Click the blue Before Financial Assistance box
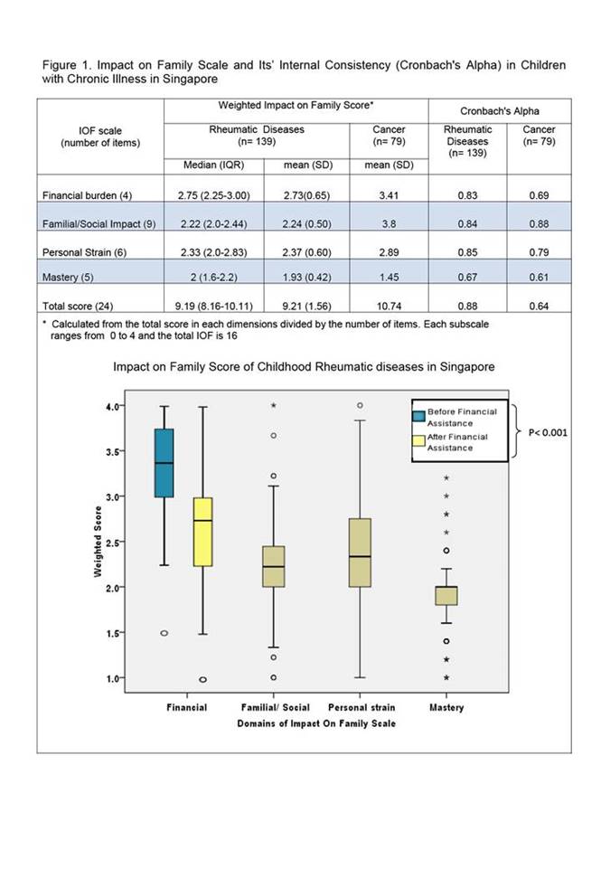click(x=164, y=463)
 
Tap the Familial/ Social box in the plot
click(x=274, y=566)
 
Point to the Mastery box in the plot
click(x=446, y=595)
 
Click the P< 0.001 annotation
click(x=547, y=432)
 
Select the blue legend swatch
click(x=419, y=416)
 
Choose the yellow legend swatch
click(x=419, y=441)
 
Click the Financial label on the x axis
click(x=187, y=707)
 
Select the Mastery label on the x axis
click(x=446, y=707)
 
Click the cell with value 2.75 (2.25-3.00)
click(x=214, y=194)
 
